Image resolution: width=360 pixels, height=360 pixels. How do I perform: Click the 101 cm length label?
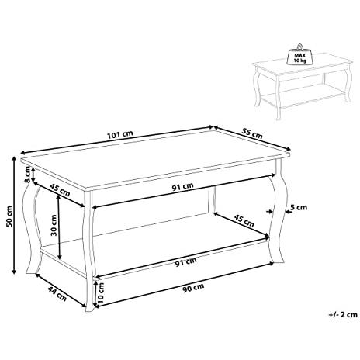pos(119,134)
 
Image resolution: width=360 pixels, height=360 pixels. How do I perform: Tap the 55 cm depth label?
pos(252,133)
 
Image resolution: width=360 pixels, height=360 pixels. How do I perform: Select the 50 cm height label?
pos(9,216)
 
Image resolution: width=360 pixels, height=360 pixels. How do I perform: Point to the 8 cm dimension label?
pos(27,175)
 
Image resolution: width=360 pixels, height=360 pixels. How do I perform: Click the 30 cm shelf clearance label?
pos(54,225)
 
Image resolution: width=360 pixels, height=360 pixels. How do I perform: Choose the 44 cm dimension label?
pos(57,293)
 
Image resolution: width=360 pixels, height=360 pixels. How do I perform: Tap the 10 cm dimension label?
pos(101,292)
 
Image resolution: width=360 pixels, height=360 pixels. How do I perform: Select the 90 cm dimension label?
pos(193,288)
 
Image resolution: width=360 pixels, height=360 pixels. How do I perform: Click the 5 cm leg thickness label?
pos(299,207)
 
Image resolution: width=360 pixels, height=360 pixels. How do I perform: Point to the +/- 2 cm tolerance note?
pos(343,314)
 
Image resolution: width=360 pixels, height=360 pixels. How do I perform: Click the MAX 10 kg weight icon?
pos(299,55)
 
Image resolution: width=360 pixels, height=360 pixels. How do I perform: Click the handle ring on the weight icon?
pos(300,47)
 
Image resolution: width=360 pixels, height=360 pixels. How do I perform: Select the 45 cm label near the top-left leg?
pos(60,190)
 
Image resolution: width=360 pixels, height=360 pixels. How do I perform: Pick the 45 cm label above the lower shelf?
pos(244,220)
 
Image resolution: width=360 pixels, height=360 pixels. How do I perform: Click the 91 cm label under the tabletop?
pos(182,186)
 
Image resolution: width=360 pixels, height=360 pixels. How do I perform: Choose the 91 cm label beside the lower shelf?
pos(185,261)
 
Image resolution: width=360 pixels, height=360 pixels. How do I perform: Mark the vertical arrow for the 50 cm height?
pos(14,216)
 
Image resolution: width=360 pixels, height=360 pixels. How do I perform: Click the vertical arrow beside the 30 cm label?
pos(60,227)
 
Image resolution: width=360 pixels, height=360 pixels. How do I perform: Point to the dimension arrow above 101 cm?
pos(117,140)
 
